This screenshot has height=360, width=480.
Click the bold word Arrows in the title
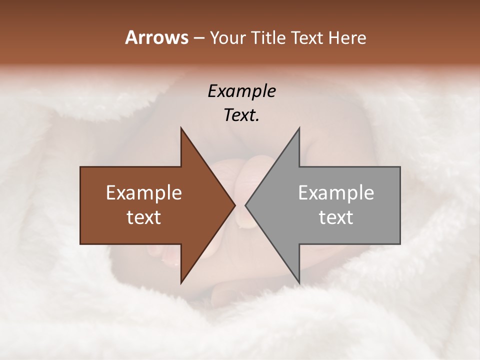tap(156, 37)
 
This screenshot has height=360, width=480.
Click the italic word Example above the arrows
tap(242, 91)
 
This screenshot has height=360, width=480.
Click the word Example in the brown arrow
tap(144, 193)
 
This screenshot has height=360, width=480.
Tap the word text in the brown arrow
tap(144, 217)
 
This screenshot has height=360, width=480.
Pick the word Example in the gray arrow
tap(336, 193)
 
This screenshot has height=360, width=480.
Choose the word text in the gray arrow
tap(336, 217)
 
